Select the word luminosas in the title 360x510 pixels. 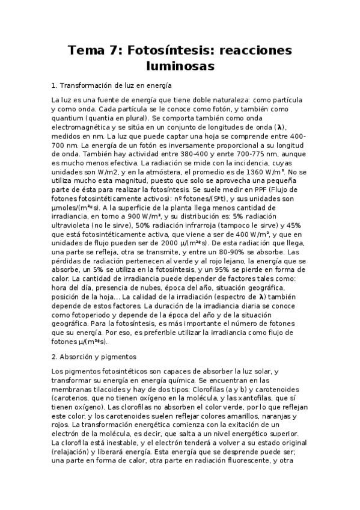[180, 66]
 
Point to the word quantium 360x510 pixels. [70, 118]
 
